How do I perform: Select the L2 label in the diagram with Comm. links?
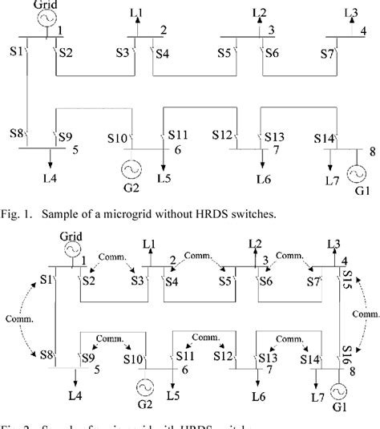(256, 243)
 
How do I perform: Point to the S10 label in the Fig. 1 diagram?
(117, 137)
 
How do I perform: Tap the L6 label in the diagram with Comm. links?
(257, 399)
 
